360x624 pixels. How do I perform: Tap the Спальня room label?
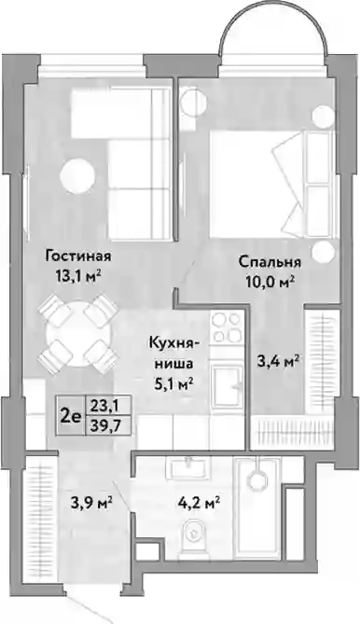pos(270,262)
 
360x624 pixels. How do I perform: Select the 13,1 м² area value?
pos(78,275)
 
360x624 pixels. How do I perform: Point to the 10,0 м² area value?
pos(270,283)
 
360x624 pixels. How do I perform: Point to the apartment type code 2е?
pos(70,416)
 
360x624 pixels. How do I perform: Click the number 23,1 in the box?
pos(105,406)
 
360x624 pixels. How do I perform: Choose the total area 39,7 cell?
pos(105,426)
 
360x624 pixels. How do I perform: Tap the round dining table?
pos(78,334)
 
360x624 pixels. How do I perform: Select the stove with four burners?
pos(228,327)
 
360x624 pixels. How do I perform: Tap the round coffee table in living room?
pos(77,175)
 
